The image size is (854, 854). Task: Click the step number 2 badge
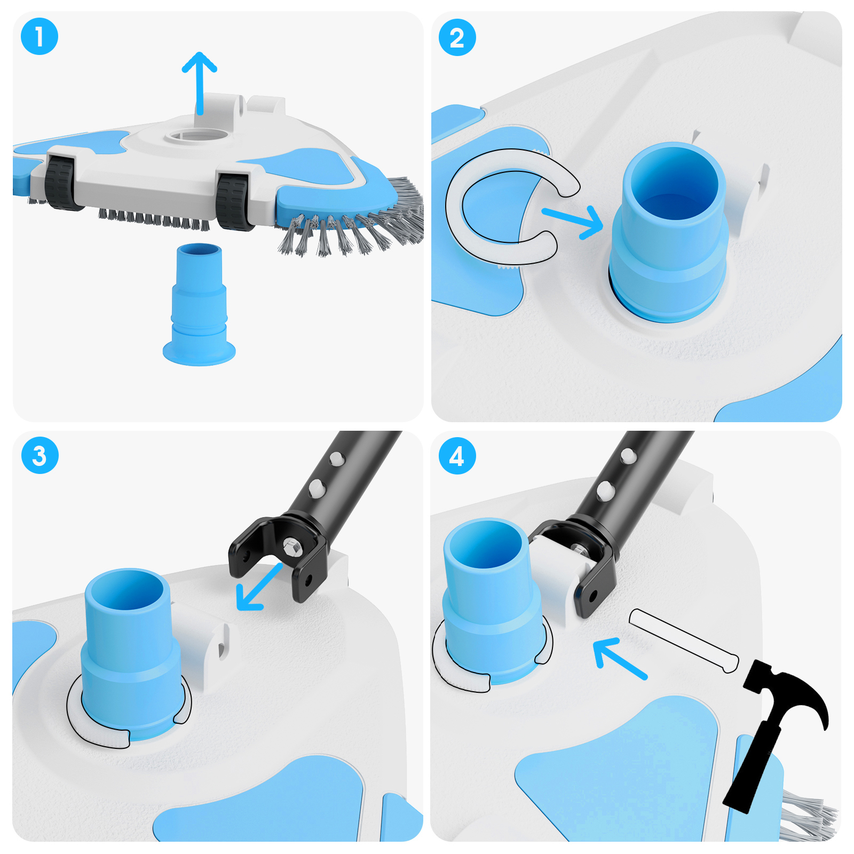tap(457, 37)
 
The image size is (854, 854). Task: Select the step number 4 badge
tap(457, 456)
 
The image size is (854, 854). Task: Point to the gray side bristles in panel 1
tap(363, 224)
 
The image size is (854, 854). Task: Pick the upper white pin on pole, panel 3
tap(336, 458)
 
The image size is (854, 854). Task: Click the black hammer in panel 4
tap(774, 726)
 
